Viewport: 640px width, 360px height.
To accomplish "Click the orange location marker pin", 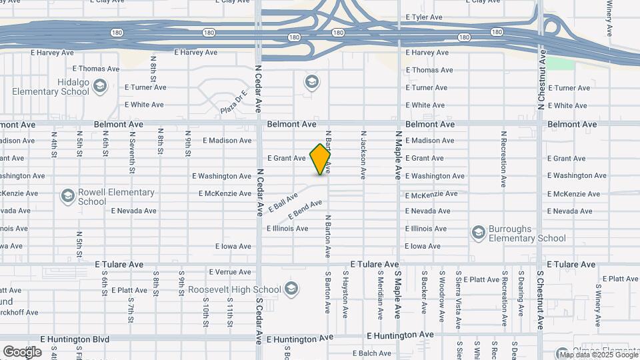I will pyautogui.click(x=320, y=159).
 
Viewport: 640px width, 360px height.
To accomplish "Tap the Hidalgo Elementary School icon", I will pyautogui.click(x=99, y=85).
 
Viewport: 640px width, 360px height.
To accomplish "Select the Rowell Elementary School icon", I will pyautogui.click(x=67, y=196).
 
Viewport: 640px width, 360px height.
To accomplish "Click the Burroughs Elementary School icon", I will pyautogui.click(x=478, y=232).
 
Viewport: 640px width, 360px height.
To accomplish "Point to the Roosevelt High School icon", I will pyautogui.click(x=291, y=289).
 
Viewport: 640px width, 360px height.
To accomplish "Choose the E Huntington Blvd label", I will pyautogui.click(x=74, y=339).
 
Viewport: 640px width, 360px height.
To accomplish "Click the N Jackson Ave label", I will pyautogui.click(x=363, y=155).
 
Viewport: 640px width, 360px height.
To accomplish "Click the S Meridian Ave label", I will pyautogui.click(x=380, y=294).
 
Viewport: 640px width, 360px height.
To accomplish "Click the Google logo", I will pyautogui.click(x=22, y=351).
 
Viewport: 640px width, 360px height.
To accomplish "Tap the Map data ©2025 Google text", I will pyautogui.click(x=599, y=353).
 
